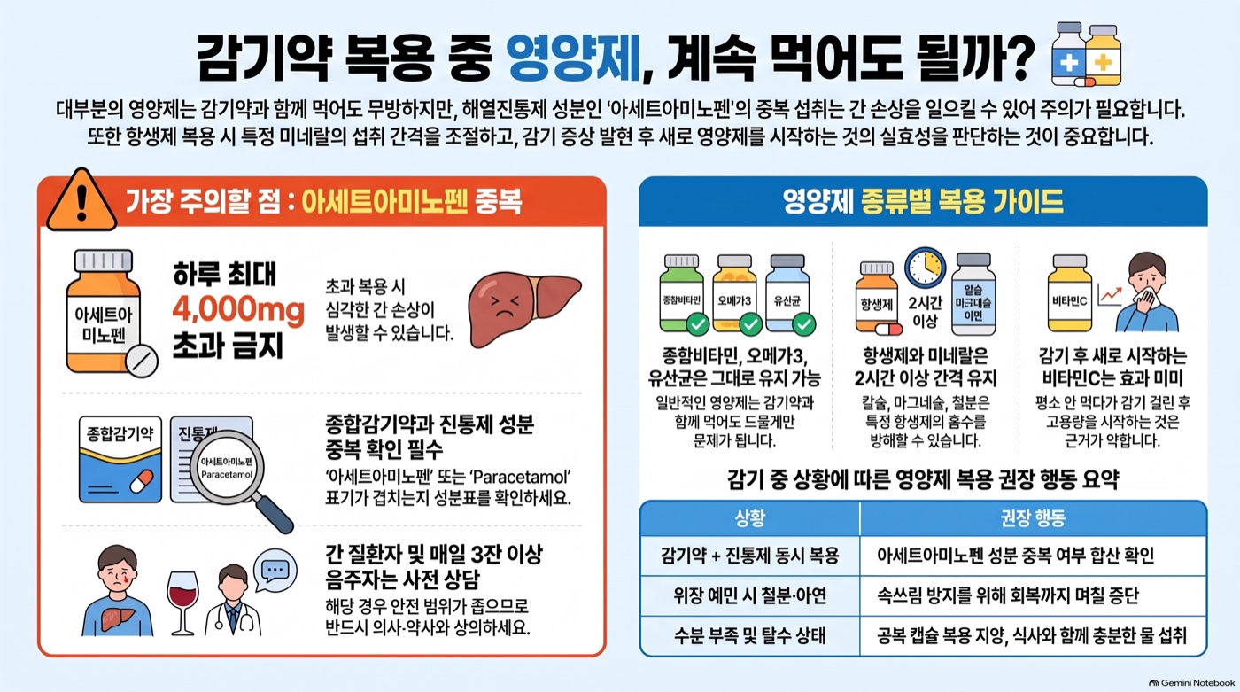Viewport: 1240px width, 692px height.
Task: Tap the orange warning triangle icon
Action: pyautogui.click(x=81, y=200)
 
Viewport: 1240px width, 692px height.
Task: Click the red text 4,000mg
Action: pyautogui.click(x=238, y=311)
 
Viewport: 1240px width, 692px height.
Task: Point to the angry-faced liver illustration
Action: pyautogui.click(x=524, y=308)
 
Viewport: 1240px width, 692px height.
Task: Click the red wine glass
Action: pyautogui.click(x=182, y=603)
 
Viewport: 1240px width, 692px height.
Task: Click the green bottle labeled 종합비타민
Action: pyautogui.click(x=683, y=294)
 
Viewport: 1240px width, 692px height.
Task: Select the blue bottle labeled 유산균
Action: pyautogui.click(x=788, y=294)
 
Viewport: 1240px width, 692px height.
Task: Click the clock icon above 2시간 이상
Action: pyautogui.click(x=925, y=268)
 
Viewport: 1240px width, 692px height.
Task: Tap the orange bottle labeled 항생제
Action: pyautogui.click(x=878, y=299)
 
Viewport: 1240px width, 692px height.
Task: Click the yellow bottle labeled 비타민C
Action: pyautogui.click(x=1070, y=293)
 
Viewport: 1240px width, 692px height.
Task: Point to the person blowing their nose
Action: pyautogui.click(x=1146, y=292)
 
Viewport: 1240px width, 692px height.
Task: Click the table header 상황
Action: pyautogui.click(x=749, y=518)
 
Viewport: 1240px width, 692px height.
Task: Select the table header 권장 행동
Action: pyautogui.click(x=1033, y=518)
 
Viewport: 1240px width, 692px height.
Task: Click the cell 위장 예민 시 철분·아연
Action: pyautogui.click(x=750, y=595)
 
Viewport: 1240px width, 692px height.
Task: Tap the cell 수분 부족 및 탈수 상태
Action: pyautogui.click(x=750, y=635)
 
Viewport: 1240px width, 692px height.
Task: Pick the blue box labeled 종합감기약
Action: pyautogui.click(x=120, y=460)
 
